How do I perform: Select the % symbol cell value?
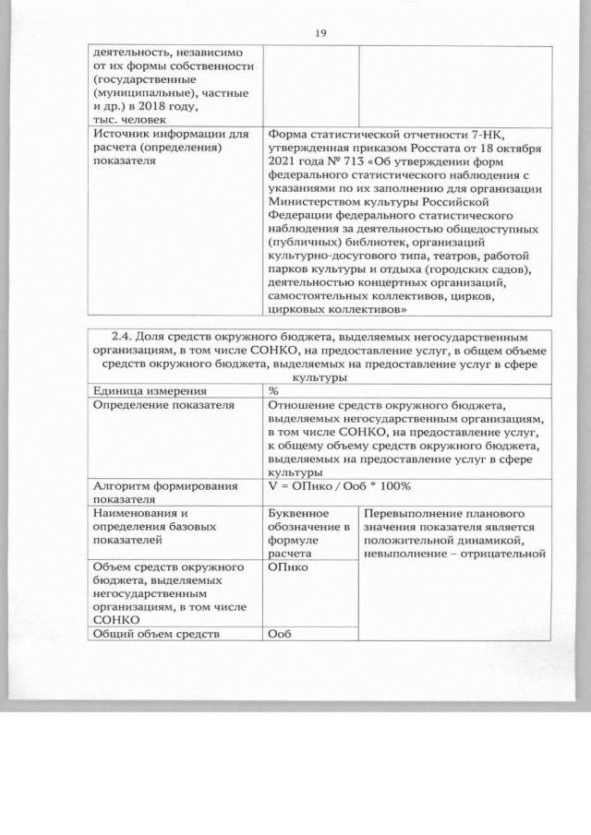(273, 390)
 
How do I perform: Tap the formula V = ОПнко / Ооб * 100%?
(339, 485)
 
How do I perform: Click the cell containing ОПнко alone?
(287, 567)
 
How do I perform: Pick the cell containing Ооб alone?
(279, 634)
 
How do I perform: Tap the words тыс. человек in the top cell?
(129, 119)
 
